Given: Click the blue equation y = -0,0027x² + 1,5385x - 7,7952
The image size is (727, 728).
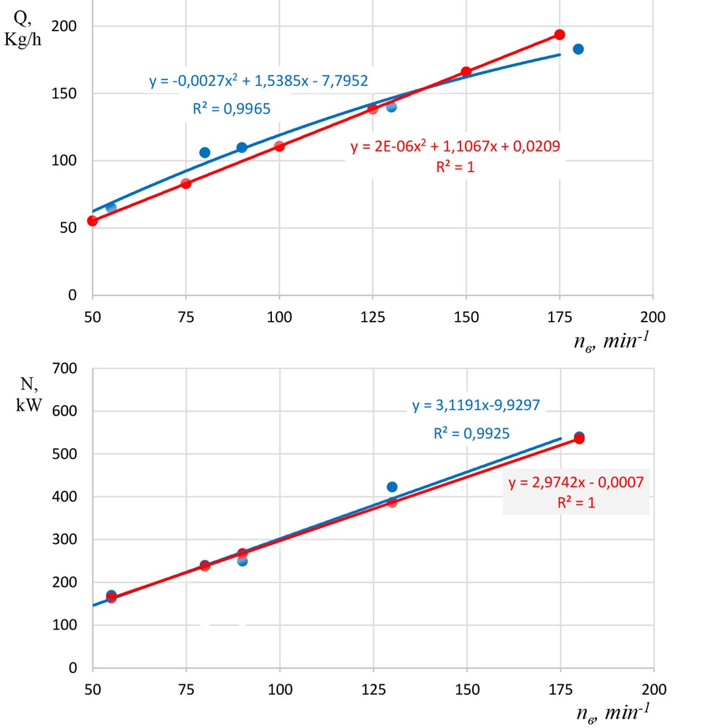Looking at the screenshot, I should [259, 81].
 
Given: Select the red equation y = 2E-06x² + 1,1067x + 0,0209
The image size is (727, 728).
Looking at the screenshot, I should [455, 146].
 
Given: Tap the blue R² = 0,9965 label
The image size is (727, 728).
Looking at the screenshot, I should [232, 109].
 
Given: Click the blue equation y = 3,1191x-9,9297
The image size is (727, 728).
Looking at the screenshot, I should [476, 405].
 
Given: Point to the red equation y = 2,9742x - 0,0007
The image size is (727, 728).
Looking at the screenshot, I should [576, 482].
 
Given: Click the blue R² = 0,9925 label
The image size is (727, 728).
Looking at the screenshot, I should [472, 433].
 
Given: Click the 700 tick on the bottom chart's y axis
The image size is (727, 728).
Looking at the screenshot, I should [65, 368].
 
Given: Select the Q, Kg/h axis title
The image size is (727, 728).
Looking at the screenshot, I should [22, 30].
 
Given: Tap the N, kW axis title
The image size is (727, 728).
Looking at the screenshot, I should [28, 394].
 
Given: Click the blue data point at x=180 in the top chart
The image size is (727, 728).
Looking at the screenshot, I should [578, 49].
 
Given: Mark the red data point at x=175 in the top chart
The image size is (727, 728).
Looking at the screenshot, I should [560, 34].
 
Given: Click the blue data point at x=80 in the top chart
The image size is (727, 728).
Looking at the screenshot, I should [204, 153].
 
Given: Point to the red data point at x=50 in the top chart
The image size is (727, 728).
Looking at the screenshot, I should [93, 221].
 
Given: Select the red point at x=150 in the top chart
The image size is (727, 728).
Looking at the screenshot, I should [466, 71].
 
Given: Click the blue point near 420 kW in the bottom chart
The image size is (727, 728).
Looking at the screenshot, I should [392, 487].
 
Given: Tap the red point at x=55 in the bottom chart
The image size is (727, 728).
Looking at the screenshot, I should [111, 598].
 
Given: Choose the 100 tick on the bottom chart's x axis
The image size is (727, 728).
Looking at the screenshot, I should [280, 689].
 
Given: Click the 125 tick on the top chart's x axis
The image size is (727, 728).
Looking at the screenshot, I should [372, 317].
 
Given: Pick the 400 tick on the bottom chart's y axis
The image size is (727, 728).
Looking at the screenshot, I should [65, 496].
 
